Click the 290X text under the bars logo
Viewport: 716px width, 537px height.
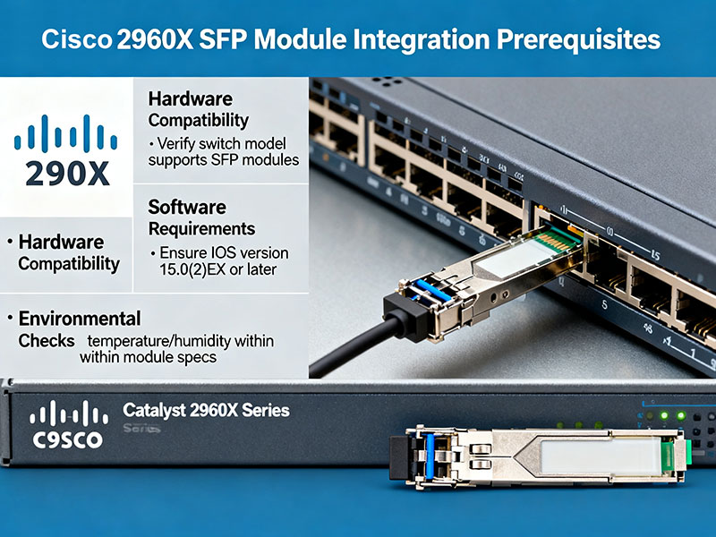[67, 171]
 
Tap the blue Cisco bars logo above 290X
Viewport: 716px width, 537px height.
[66, 135]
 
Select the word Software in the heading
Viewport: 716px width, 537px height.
[186, 207]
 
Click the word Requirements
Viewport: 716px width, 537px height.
[201, 228]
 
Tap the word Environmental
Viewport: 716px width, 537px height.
[80, 319]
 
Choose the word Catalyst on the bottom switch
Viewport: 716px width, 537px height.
[157, 411]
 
